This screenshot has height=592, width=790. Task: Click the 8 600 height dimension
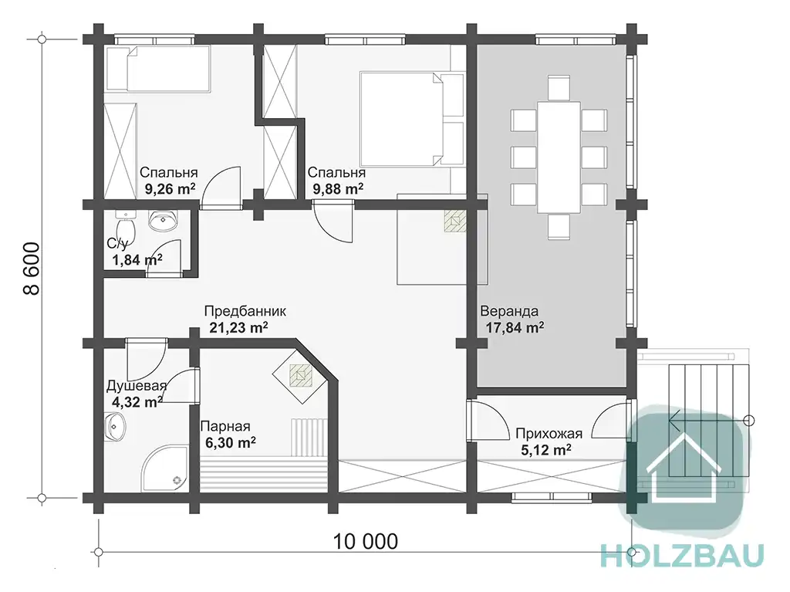(x=31, y=268)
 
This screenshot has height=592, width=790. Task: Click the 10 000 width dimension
(x=365, y=542)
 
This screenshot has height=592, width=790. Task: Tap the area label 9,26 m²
(x=170, y=189)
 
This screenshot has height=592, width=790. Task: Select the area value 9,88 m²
(x=338, y=189)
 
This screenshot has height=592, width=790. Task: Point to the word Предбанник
(x=245, y=310)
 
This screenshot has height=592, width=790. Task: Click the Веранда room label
(x=509, y=310)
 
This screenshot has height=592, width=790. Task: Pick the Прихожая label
(x=549, y=433)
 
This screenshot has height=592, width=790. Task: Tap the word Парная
(x=225, y=426)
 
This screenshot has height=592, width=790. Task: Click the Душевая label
(x=136, y=386)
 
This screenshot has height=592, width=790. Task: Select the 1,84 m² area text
(x=137, y=259)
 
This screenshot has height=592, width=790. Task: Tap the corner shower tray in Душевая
(x=164, y=467)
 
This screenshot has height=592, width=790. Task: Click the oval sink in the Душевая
(x=116, y=427)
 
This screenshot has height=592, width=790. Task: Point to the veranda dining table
(x=559, y=157)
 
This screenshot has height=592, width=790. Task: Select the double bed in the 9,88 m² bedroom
(x=412, y=119)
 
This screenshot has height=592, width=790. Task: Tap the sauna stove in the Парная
(x=301, y=376)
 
